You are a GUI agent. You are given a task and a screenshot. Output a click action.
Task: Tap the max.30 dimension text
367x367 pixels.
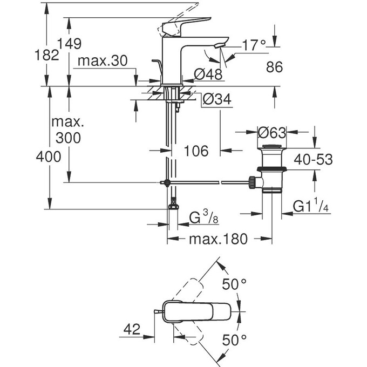tap(102, 61)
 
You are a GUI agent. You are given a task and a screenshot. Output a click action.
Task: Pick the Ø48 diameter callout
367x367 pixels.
tap(205, 75)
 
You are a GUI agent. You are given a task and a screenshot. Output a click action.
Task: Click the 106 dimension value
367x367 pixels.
tap(196, 151)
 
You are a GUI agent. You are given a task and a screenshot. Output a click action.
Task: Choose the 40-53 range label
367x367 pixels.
tap(313, 159)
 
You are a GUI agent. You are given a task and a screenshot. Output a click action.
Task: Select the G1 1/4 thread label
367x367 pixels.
tap(311, 207)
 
